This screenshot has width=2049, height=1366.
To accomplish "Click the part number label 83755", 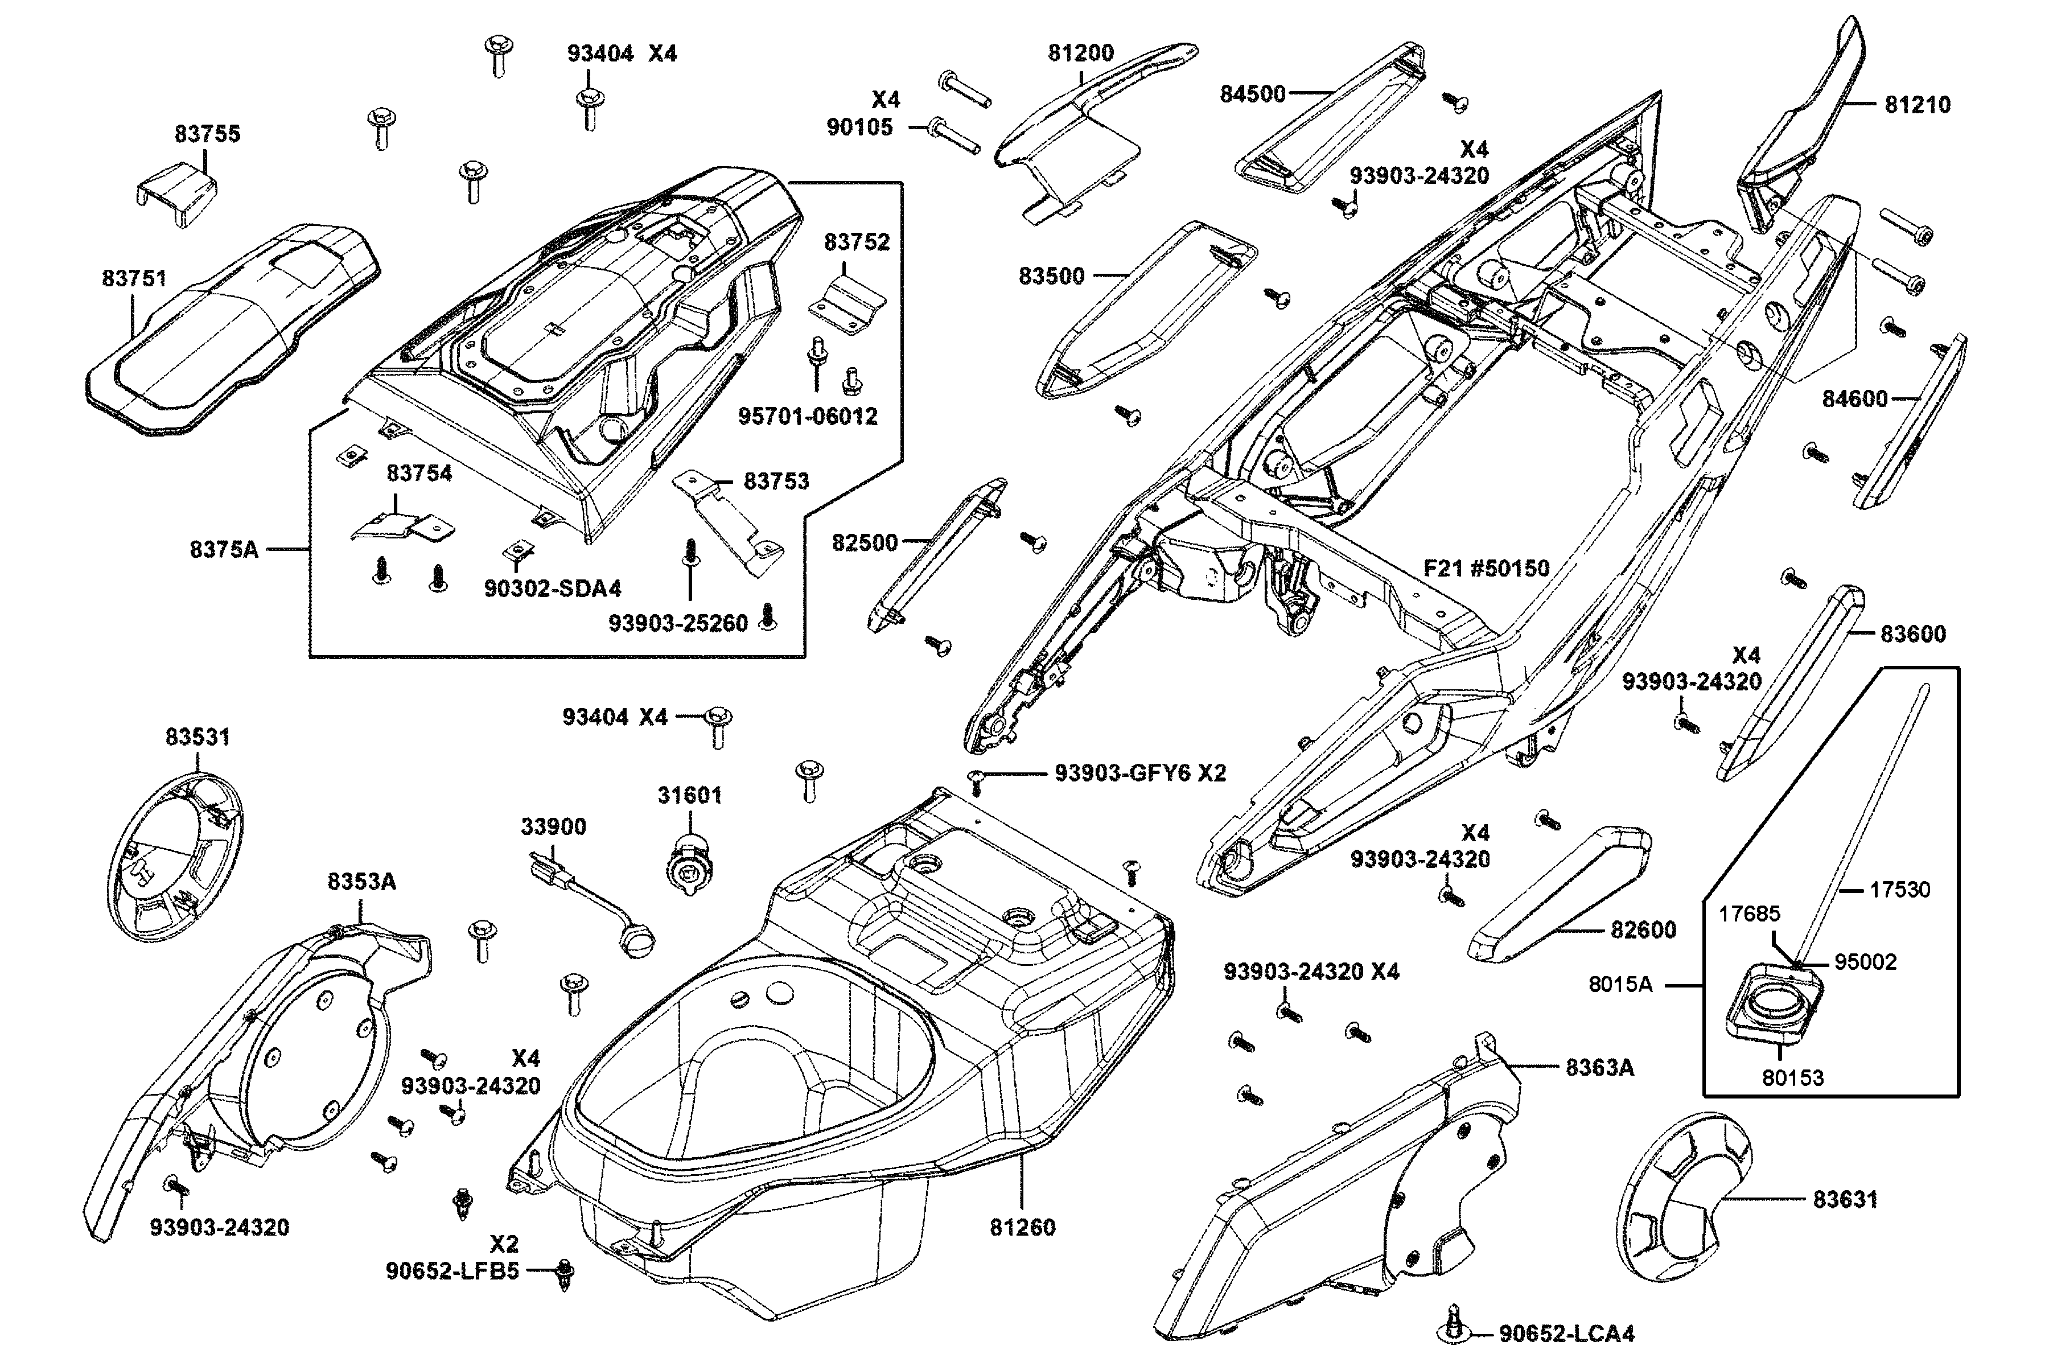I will coord(207,133).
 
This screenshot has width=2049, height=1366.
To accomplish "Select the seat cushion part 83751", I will coord(227,331).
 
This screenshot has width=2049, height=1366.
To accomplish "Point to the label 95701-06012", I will coord(808,417).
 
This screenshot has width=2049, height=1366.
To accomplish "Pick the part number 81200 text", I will coord(1080,53).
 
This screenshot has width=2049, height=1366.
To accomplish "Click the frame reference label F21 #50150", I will coord(1486,569).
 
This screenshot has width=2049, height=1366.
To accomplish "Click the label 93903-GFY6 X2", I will coord(1139,773).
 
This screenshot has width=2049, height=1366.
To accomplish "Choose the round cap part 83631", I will coord(1677,1200).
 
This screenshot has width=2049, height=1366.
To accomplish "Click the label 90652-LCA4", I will coord(1566,1334).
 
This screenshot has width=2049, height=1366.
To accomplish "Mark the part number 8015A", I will coord(1620,985).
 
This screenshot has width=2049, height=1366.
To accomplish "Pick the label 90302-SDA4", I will coord(552,589).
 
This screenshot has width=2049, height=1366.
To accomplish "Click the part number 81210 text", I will coord(1918,105).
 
